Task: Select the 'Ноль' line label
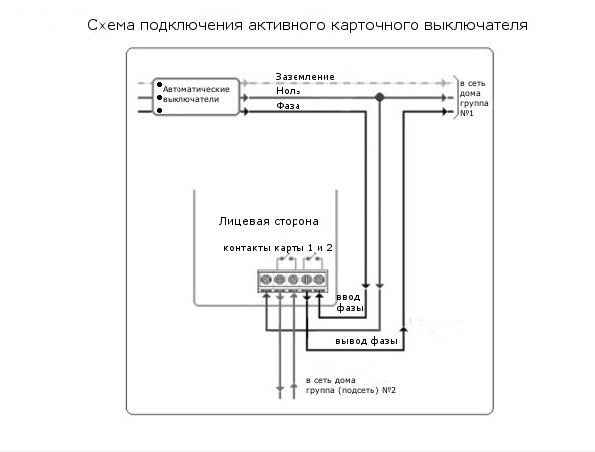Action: click(290, 90)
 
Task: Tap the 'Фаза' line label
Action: click(290, 105)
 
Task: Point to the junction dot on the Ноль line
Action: click(379, 97)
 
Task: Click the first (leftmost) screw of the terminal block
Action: click(266, 280)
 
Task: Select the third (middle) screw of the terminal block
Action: click(293, 280)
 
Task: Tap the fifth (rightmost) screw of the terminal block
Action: click(319, 280)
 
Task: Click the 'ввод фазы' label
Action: click(349, 302)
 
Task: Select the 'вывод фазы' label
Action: click(367, 341)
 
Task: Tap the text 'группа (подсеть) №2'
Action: click(351, 390)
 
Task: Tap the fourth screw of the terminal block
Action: click(306, 280)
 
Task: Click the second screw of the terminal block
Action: click(279, 280)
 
